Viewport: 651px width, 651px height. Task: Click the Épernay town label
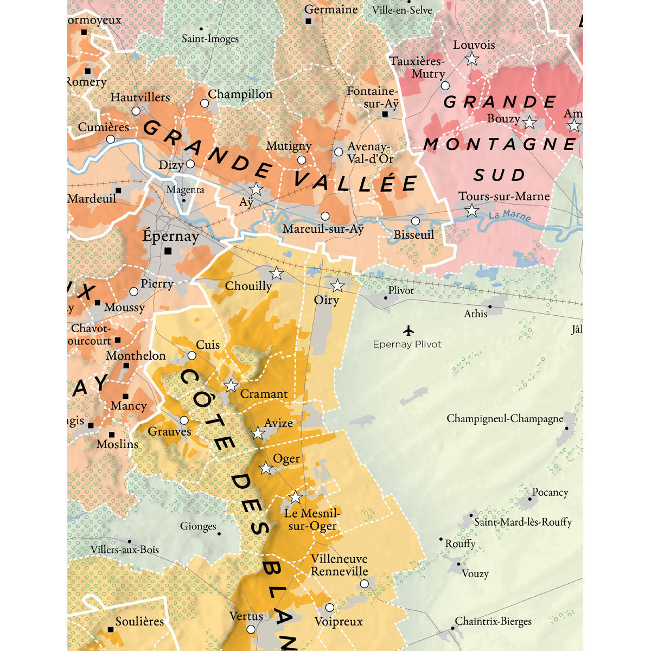170,237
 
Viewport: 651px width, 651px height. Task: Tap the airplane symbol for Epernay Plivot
408,330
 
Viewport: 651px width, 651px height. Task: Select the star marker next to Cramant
231,386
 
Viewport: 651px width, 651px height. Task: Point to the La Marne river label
509,216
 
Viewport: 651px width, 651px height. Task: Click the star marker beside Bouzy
529,123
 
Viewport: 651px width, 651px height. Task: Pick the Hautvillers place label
140,98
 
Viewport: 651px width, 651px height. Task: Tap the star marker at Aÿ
256,189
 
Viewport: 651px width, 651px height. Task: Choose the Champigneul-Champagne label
505,419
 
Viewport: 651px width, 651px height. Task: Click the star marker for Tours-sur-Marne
472,210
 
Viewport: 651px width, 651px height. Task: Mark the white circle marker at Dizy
190,164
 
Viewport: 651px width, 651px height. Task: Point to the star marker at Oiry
337,285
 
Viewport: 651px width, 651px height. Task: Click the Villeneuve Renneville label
339,565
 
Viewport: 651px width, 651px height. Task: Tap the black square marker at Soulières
111,629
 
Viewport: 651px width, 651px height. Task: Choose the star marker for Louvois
472,59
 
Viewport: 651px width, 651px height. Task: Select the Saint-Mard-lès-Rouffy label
522,522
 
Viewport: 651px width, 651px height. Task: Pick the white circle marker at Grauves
184,420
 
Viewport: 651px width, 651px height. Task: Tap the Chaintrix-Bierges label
493,621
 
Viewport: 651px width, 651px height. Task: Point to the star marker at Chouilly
276,273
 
